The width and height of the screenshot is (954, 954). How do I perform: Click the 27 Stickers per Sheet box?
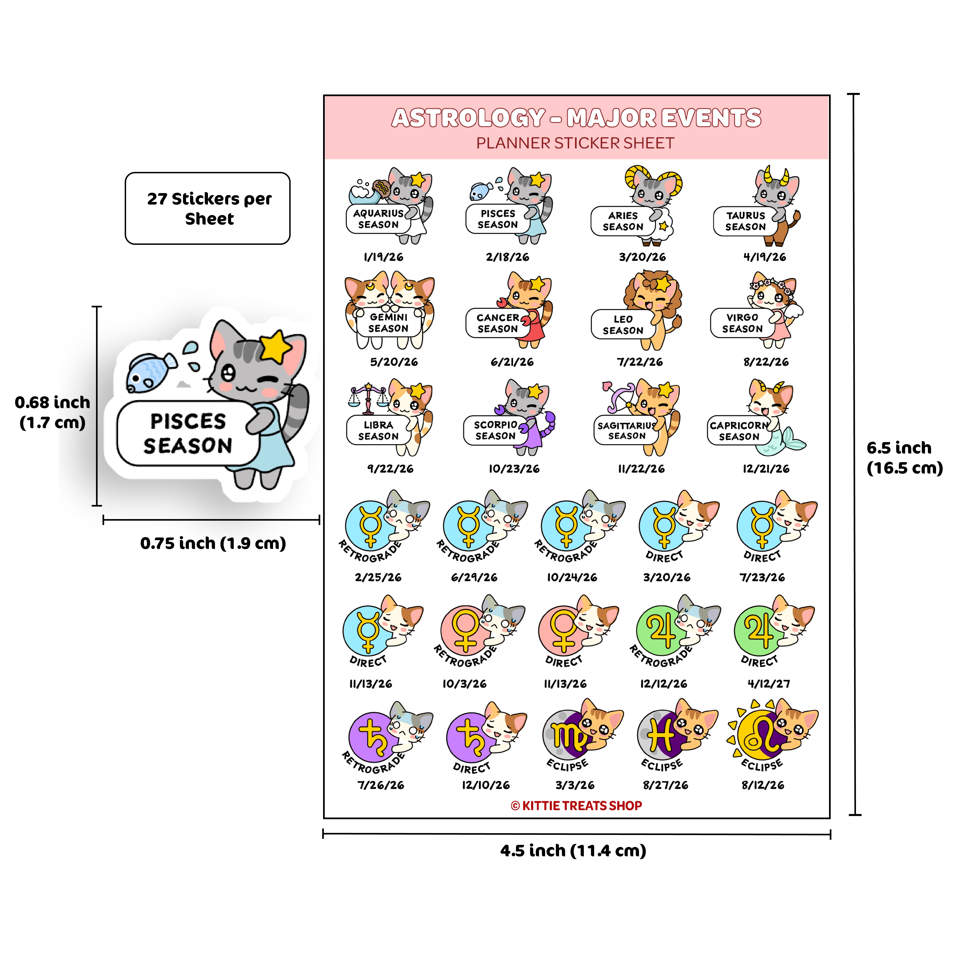(x=207, y=208)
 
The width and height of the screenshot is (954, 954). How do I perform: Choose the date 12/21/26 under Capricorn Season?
(x=766, y=469)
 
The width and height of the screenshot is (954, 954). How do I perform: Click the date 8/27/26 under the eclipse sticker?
(x=665, y=785)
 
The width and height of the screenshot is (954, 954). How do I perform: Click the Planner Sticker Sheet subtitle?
(x=575, y=143)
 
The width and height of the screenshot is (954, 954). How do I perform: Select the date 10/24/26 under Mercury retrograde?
(x=572, y=577)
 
